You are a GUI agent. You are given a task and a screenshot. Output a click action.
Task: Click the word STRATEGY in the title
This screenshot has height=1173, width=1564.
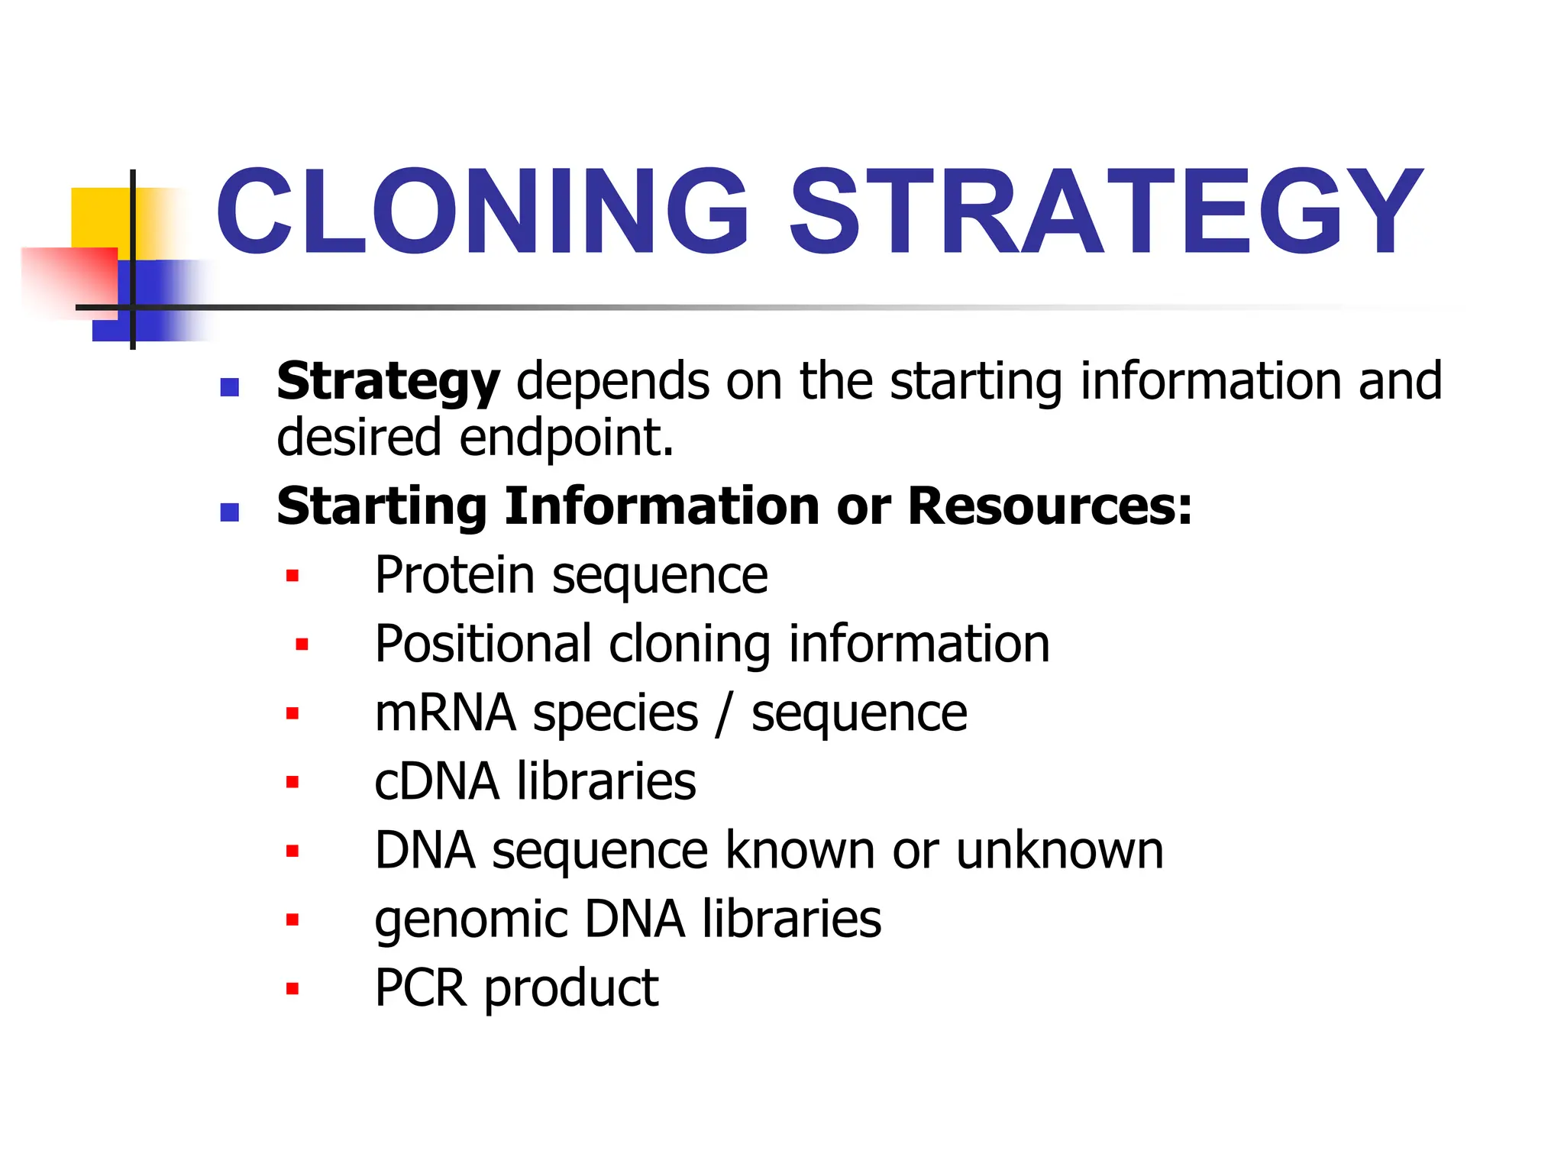[x=1105, y=212]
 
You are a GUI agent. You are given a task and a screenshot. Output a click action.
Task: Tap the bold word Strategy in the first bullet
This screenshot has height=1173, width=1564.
[x=388, y=382]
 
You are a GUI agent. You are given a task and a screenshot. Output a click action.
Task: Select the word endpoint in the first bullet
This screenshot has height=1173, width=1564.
[x=567, y=438]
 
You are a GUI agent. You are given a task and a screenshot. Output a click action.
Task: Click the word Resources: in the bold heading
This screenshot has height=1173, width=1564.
[x=1050, y=506]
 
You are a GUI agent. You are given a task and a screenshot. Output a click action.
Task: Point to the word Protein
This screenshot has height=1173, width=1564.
[x=454, y=575]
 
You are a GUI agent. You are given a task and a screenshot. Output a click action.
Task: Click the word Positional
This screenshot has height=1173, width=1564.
[x=483, y=644]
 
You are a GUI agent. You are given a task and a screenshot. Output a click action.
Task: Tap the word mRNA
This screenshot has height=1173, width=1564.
[x=445, y=713]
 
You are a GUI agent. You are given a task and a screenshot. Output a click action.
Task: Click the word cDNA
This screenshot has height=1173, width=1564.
[x=437, y=781]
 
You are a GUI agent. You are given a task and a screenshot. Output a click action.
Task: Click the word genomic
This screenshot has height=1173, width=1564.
[x=471, y=920]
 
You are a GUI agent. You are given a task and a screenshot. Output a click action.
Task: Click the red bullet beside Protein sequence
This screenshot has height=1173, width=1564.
[x=292, y=576]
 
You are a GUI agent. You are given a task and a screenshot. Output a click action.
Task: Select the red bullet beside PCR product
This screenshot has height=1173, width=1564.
[x=292, y=989]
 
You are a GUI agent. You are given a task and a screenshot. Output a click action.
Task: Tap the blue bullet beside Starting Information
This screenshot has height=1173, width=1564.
[x=229, y=512]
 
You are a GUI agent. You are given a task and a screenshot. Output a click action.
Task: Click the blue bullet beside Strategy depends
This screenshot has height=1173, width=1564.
[x=229, y=387]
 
